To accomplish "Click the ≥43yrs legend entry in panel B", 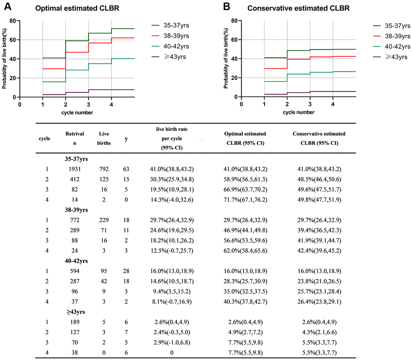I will point(395,57).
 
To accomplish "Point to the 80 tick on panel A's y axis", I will point(13,21).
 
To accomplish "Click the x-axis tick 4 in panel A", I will point(111,104).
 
